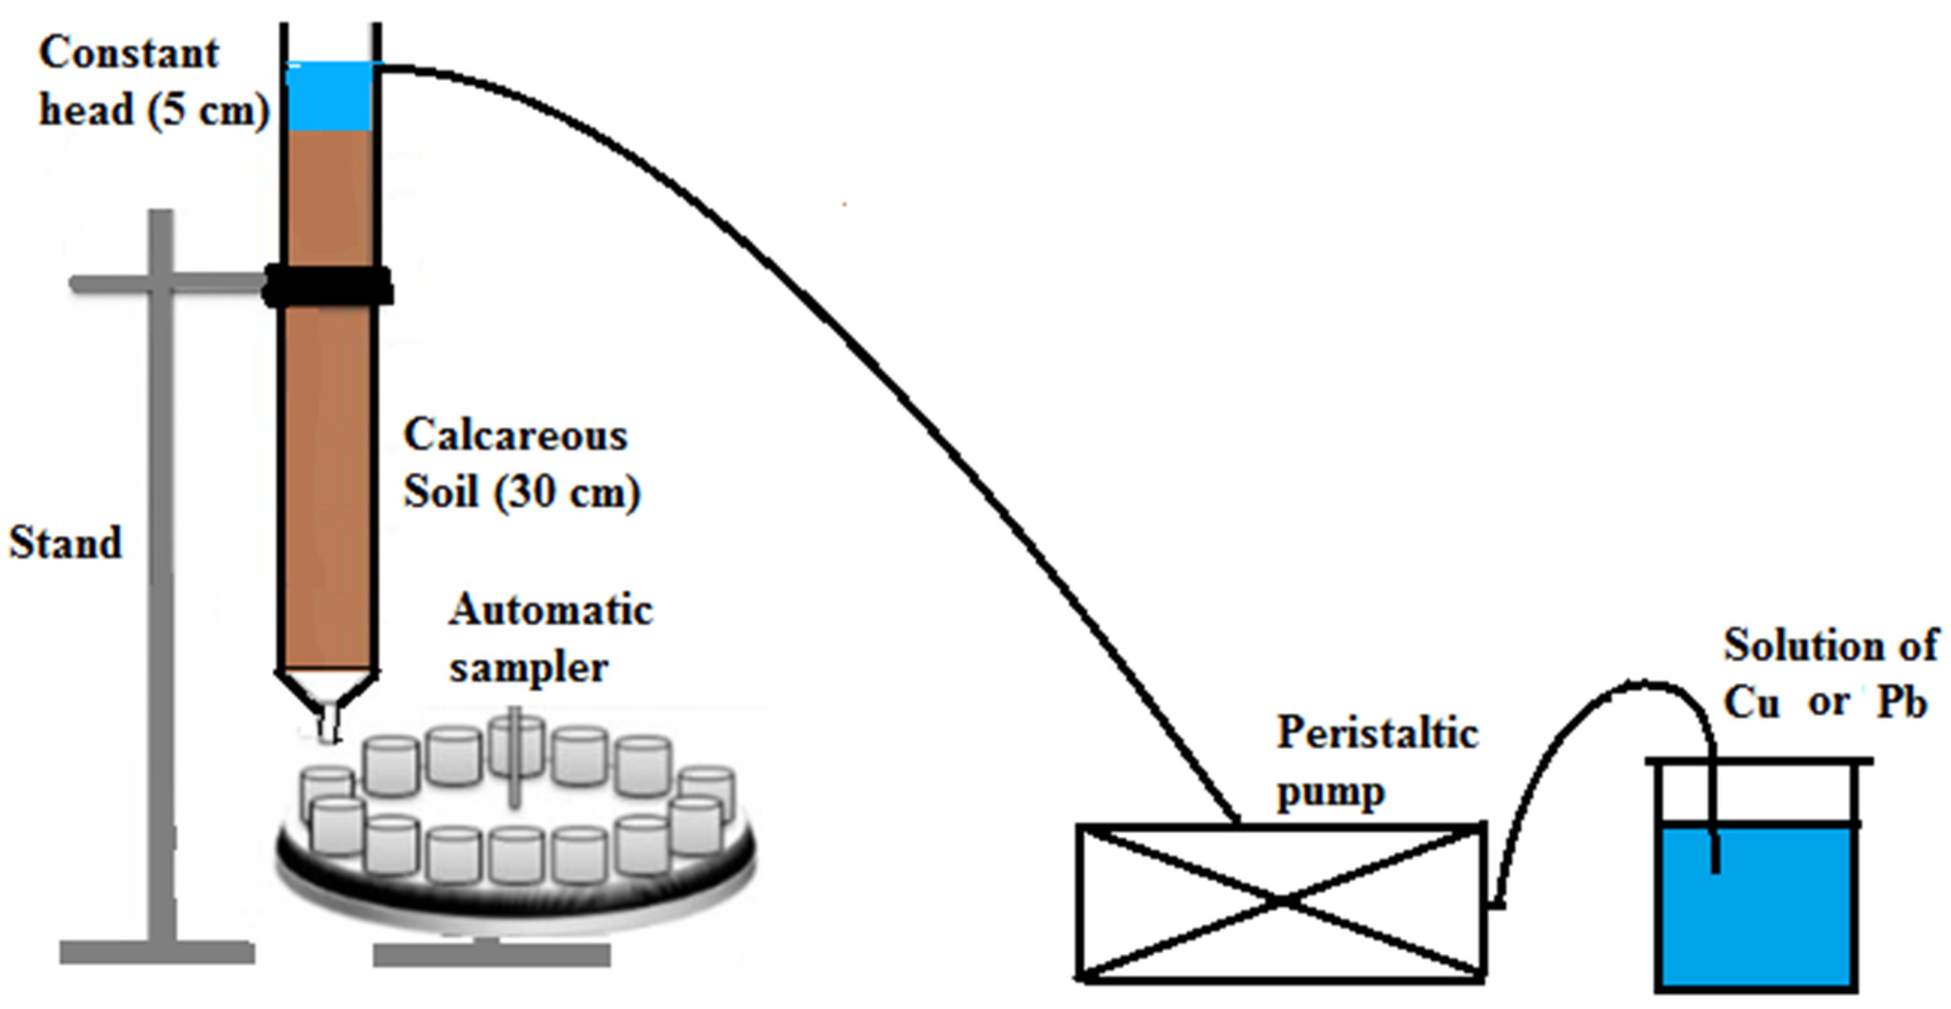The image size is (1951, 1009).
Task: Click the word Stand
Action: [x=65, y=543]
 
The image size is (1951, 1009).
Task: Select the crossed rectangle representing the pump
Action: [x=1280, y=901]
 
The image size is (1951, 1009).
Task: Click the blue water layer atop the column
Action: [x=330, y=97]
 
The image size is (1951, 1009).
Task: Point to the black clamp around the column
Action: [x=328, y=285]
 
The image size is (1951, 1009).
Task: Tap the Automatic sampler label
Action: [x=551, y=638]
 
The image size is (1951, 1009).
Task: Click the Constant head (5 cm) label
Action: [x=151, y=81]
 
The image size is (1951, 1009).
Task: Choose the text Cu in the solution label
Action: [x=1752, y=702]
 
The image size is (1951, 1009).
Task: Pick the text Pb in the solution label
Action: [x=1901, y=702]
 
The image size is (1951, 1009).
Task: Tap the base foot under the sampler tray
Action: [x=492, y=954]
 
